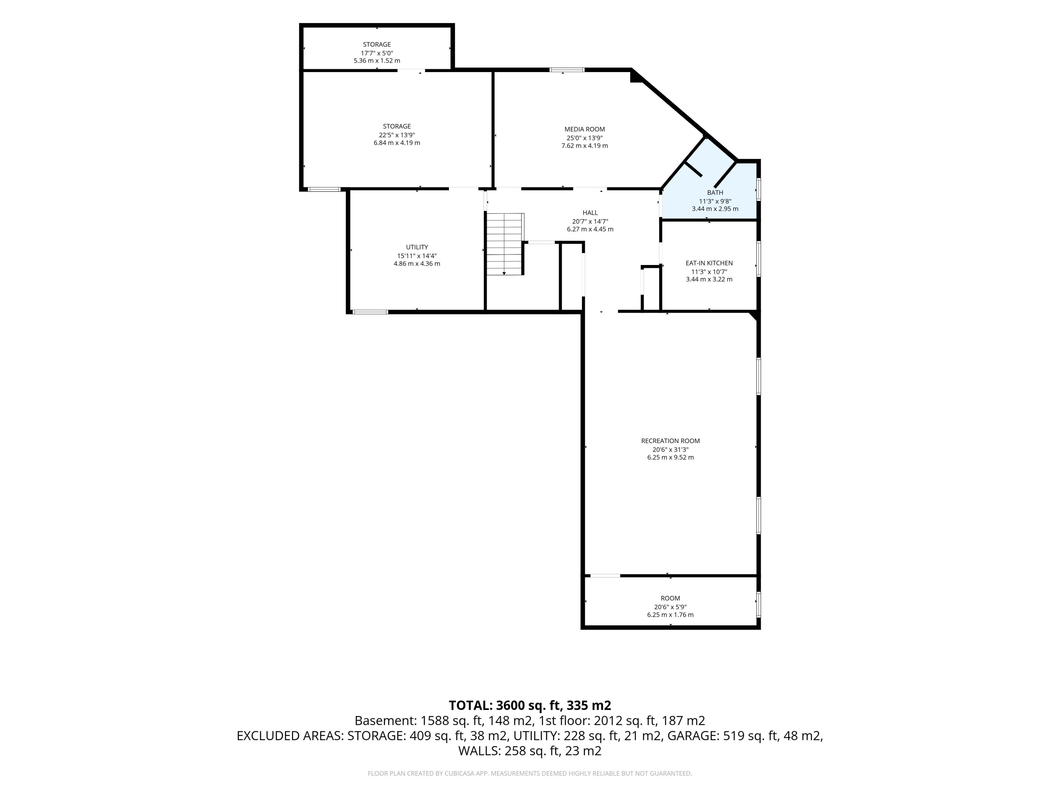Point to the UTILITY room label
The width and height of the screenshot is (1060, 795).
point(417,247)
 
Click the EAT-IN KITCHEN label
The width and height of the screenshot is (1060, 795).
point(709,263)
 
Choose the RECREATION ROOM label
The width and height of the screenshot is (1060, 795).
point(671,441)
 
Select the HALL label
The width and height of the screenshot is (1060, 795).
point(590,213)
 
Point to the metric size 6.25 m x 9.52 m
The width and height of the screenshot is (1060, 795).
point(671,457)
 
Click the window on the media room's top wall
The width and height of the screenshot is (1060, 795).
point(567,70)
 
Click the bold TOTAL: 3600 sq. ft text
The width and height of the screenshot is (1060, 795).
point(505,705)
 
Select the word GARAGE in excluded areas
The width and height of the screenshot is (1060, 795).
point(692,736)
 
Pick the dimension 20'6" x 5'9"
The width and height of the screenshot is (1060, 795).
point(671,607)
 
